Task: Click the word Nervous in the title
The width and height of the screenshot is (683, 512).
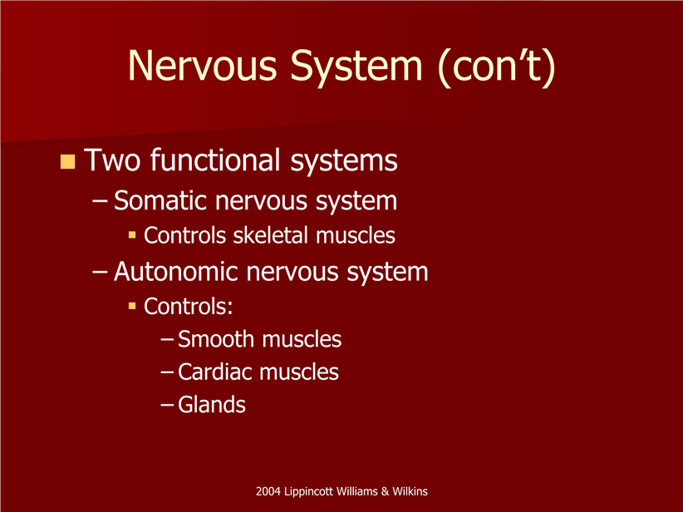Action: click(x=202, y=66)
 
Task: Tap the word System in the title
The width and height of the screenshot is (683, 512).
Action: click(x=356, y=66)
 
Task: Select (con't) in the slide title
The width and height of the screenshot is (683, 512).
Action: click(x=497, y=66)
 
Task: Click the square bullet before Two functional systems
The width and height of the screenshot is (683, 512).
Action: click(x=67, y=161)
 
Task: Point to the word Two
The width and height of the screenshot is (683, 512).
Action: click(x=112, y=160)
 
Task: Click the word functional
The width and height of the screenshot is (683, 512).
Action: click(x=215, y=160)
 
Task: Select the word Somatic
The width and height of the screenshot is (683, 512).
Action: click(x=160, y=201)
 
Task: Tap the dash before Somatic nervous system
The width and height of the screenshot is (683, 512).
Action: click(x=101, y=202)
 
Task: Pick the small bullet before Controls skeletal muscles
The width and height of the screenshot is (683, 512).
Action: click(x=132, y=236)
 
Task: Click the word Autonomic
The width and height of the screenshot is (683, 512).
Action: click(x=176, y=272)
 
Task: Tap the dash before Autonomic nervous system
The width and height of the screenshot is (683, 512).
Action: click(x=101, y=273)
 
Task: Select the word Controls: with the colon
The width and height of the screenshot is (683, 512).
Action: click(x=188, y=307)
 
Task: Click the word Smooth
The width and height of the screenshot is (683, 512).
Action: click(x=216, y=339)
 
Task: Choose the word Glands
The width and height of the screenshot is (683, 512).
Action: click(x=212, y=405)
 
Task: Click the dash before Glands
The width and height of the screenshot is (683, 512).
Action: click(x=168, y=406)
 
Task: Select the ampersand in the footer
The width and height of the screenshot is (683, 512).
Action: click(x=385, y=491)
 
